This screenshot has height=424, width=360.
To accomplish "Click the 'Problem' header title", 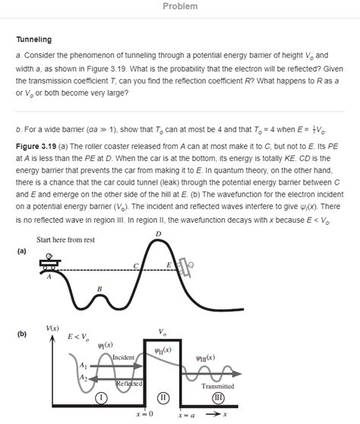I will point(180,7).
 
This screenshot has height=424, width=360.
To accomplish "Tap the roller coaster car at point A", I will point(51,265).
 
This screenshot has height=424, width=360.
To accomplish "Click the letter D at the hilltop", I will point(158,233).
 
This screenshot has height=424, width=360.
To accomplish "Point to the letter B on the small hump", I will point(99,289).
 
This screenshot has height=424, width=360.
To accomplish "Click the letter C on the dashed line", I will point(136,265).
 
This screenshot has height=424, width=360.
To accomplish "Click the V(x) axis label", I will point(53,327).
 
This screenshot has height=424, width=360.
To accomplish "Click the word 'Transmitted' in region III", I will point(217,386).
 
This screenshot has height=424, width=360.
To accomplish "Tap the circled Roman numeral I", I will point(100,397).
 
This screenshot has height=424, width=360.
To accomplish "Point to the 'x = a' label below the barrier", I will point(186,416).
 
